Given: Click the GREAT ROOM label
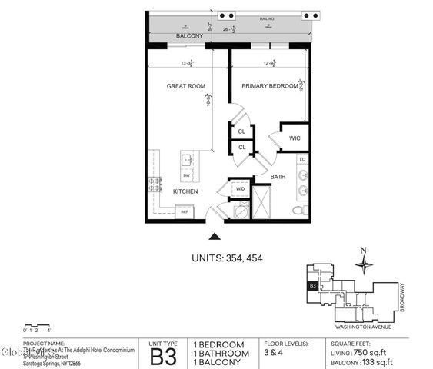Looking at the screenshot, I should tap(183, 87).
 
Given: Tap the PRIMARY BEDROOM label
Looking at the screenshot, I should tap(269, 87).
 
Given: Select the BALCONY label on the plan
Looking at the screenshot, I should tap(189, 36).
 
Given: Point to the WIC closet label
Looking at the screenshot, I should tap(295, 138).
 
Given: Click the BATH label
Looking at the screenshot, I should tap(278, 177).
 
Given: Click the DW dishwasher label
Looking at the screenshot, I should tap(185, 175).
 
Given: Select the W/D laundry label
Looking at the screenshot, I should tap(240, 188).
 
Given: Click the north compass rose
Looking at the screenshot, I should tap(365, 263).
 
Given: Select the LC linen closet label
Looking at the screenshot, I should tap(302, 159).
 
